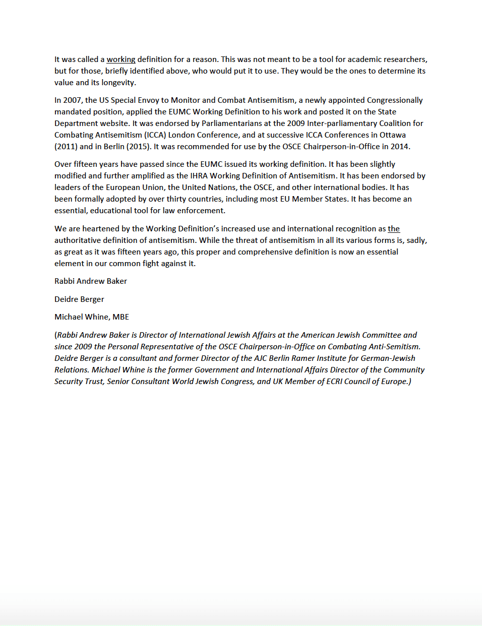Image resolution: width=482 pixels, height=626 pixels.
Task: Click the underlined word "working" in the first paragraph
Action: click(x=121, y=59)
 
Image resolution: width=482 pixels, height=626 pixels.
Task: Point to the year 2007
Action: click(x=72, y=100)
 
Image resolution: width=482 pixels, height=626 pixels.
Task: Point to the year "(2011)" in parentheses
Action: click(x=66, y=147)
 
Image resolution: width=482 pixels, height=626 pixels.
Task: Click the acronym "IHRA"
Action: click(x=199, y=176)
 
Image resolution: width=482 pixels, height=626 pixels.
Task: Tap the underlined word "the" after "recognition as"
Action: click(x=394, y=229)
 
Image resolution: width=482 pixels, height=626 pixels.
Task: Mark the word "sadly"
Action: click(x=416, y=240)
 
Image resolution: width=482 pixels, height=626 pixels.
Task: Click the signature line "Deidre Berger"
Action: click(x=79, y=299)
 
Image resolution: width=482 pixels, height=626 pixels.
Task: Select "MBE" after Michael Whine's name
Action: click(x=120, y=317)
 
